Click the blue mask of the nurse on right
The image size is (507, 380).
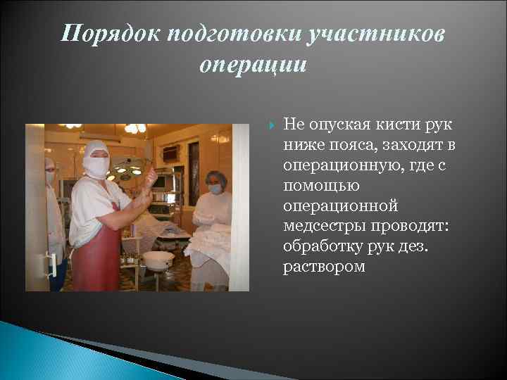click(215, 189)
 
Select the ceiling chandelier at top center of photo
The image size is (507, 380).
click(135, 129)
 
